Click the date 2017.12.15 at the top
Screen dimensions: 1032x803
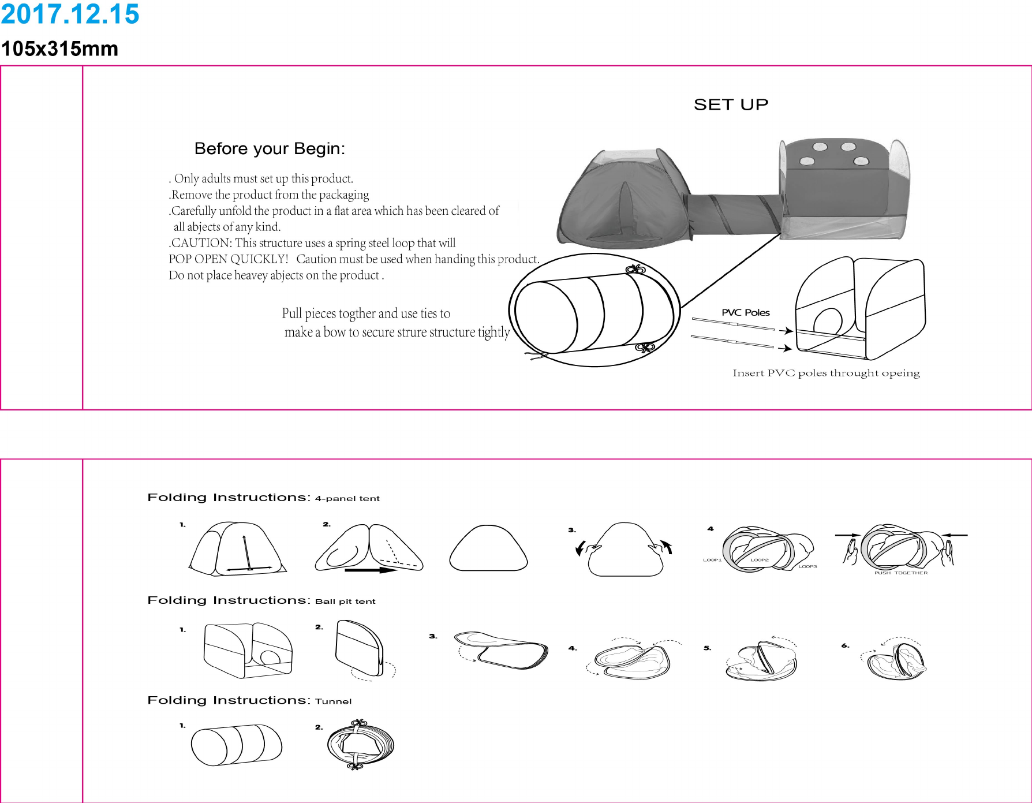click(70, 14)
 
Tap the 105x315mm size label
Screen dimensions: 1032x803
click(59, 49)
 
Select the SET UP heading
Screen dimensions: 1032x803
click(731, 104)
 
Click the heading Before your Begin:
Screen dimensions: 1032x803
click(270, 149)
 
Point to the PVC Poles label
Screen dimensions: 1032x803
click(745, 312)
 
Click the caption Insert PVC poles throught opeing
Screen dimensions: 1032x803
click(826, 373)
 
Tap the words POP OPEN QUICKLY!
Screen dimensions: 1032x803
click(228, 259)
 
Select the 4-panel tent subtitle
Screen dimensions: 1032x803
click(347, 499)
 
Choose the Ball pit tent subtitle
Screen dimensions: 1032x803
click(345, 602)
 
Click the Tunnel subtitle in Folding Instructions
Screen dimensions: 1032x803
click(333, 701)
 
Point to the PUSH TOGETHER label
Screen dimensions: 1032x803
click(900, 573)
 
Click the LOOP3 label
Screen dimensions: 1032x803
click(807, 566)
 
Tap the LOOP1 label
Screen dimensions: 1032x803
click(712, 560)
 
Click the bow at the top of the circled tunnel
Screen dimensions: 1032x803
click(635, 269)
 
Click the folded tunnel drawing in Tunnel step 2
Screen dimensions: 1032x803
click(360, 745)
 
